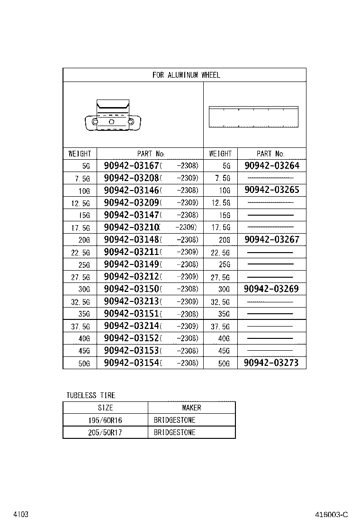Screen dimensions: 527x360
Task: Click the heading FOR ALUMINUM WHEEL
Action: click(186, 75)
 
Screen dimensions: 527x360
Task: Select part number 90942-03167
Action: click(132, 166)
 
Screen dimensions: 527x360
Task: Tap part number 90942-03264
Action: click(272, 166)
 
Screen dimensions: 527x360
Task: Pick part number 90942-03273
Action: click(272, 363)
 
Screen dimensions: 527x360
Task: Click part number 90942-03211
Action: click(132, 252)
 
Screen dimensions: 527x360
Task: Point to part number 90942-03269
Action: click(272, 289)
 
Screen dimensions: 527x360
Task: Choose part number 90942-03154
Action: click(132, 363)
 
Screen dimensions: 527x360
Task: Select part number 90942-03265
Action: click(272, 191)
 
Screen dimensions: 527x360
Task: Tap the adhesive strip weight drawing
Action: click(253, 117)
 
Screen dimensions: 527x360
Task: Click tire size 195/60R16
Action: click(105, 420)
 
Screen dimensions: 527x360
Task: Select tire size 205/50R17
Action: click(105, 432)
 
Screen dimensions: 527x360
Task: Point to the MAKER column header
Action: click(191, 408)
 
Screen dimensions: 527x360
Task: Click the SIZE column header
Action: click(105, 408)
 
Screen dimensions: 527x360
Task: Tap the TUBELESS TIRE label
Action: click(90, 395)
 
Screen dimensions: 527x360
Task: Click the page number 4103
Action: click(21, 514)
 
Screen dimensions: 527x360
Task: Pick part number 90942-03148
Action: click(132, 240)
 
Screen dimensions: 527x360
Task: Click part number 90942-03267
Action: click(272, 240)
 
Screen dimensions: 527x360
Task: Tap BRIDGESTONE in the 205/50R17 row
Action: click(174, 432)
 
